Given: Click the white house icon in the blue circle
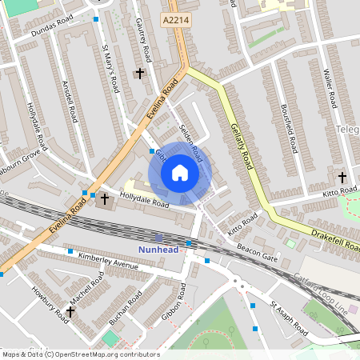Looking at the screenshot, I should coord(179,172).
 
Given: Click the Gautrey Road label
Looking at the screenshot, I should coord(143,41).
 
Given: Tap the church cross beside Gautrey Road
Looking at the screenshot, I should coord(139,73).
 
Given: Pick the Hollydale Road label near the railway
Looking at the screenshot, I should coord(144,199).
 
